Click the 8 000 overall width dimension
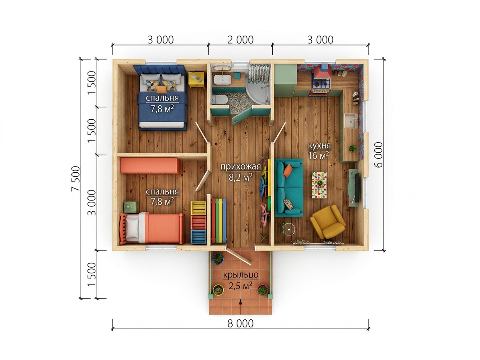[240, 323]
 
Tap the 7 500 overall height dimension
[76, 179]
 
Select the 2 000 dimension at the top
[240, 40]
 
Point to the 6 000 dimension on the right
[379, 155]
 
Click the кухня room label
[319, 145]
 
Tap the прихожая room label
[241, 167]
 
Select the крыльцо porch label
[241, 275]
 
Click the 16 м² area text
[319, 155]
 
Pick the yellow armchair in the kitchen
[328, 222]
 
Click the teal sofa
[289, 187]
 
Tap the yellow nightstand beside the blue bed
[196, 80]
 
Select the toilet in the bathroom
[220, 99]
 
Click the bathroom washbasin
[222, 79]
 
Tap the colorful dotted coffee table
[319, 185]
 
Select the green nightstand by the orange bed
[131, 207]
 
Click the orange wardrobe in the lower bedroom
[150, 166]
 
